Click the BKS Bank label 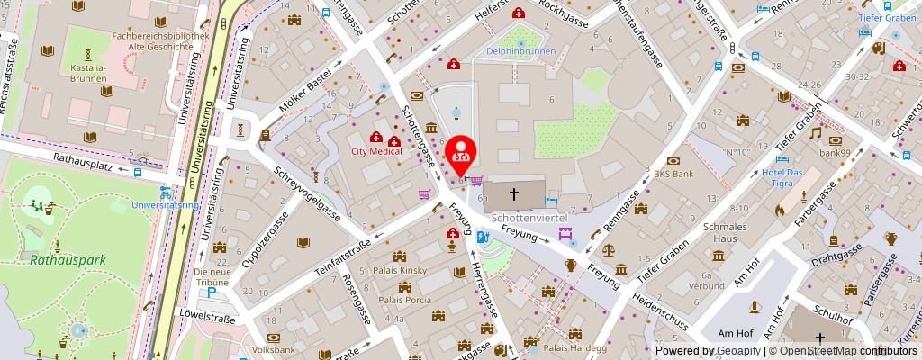pos(673,174)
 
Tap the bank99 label pos(834,152)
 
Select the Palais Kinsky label pos(401,270)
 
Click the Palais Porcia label pos(404,300)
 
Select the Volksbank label pos(273,349)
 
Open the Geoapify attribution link pos(736,351)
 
